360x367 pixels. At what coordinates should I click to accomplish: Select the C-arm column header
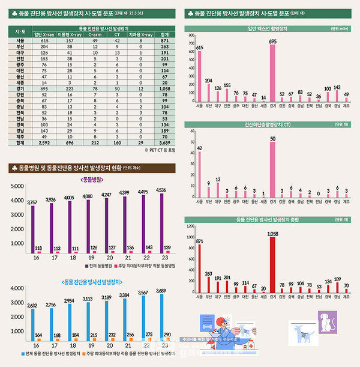(94, 35)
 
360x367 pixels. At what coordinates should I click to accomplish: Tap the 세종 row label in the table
(19, 82)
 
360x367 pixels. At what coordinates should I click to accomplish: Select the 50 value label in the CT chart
(272, 139)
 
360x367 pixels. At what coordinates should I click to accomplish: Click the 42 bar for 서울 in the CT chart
(199, 174)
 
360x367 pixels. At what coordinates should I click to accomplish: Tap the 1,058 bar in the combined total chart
(272, 265)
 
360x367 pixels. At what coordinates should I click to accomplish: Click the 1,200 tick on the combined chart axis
(191, 226)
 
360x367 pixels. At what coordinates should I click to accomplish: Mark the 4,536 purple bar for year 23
(161, 219)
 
